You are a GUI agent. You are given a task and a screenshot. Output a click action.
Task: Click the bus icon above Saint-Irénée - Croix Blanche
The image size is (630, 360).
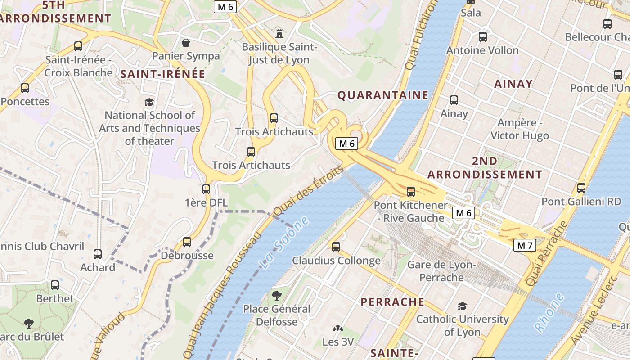[78, 46]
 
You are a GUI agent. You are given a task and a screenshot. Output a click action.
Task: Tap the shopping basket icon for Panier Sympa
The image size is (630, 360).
[185, 43]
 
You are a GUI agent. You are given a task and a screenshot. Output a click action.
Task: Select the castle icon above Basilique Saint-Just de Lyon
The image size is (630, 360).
[279, 33]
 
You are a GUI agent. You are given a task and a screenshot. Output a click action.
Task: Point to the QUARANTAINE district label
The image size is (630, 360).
[383, 95]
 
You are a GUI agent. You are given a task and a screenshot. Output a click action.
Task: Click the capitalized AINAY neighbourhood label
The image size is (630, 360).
[513, 84]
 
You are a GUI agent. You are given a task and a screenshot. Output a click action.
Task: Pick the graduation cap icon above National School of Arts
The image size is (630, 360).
[149, 102]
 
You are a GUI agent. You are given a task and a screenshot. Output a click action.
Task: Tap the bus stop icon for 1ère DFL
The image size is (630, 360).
[206, 189]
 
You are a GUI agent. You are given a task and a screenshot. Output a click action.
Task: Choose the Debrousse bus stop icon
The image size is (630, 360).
[187, 242]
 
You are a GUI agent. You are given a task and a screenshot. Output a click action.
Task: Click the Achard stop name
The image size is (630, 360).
[98, 267]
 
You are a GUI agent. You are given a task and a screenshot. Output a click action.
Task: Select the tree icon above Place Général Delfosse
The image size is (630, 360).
[277, 296]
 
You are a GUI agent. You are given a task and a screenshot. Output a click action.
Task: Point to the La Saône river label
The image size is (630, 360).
[285, 243]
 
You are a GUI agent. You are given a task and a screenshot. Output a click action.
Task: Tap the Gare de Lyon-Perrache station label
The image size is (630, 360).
[441, 271]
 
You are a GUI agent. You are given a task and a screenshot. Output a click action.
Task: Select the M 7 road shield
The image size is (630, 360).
[525, 245]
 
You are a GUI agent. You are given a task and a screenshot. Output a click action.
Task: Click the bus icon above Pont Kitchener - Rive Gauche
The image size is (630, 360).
[411, 192]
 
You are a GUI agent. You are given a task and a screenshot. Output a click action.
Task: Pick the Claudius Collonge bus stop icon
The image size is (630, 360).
[336, 247]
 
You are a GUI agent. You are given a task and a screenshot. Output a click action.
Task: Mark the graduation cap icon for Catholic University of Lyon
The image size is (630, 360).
[462, 306]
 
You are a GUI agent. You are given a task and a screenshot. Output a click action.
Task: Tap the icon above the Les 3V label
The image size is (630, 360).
[337, 329]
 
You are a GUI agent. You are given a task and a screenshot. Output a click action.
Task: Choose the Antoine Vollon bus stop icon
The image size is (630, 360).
[483, 37]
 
